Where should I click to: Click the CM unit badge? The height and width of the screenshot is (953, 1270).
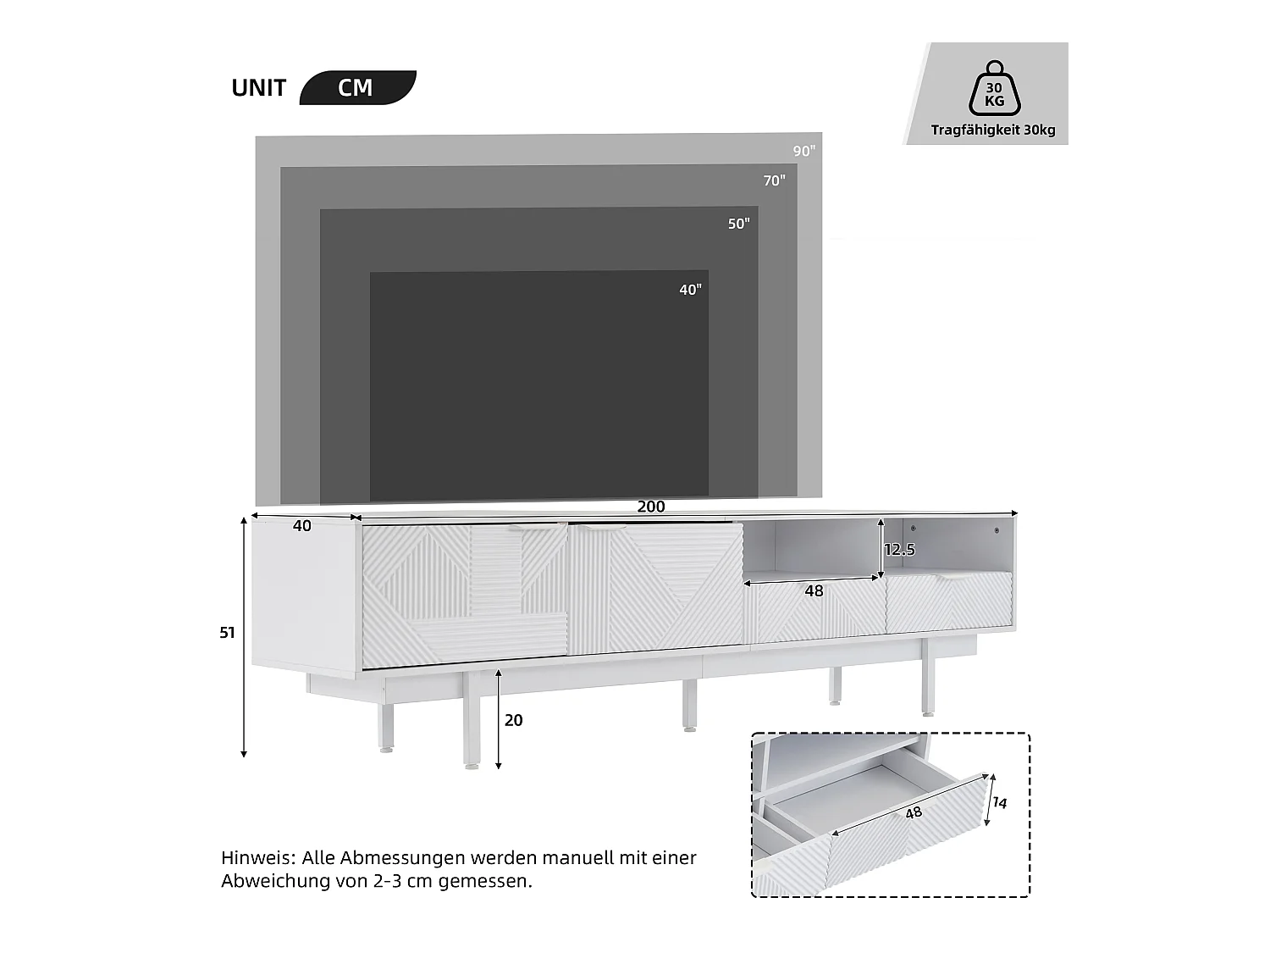click(x=356, y=88)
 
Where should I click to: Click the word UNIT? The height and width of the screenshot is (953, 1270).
click(x=258, y=88)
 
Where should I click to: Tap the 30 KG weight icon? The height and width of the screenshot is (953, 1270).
click(x=994, y=88)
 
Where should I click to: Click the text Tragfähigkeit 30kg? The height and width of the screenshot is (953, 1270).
click(x=992, y=130)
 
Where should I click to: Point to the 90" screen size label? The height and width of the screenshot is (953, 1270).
click(x=803, y=151)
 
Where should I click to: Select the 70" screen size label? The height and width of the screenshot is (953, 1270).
click(x=774, y=180)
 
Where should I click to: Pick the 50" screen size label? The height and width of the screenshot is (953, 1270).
click(x=738, y=224)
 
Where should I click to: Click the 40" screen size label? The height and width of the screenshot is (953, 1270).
click(x=690, y=290)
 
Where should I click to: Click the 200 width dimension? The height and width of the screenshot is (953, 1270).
click(x=650, y=507)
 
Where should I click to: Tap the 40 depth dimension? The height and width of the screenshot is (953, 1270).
click(x=301, y=526)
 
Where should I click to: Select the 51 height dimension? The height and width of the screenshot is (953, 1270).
click(x=227, y=632)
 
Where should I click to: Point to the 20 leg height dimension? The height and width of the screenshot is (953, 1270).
click(x=513, y=720)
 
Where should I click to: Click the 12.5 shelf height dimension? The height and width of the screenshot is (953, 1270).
click(x=899, y=550)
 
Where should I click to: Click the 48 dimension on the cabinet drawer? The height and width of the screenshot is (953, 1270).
click(x=814, y=590)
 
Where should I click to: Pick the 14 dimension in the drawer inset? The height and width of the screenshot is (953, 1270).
click(x=1000, y=802)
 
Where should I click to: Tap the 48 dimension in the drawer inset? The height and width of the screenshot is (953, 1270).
click(x=913, y=813)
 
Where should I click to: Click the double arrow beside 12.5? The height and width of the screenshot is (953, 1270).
click(x=881, y=550)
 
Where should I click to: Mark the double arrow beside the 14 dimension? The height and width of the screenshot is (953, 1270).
click(x=988, y=800)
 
